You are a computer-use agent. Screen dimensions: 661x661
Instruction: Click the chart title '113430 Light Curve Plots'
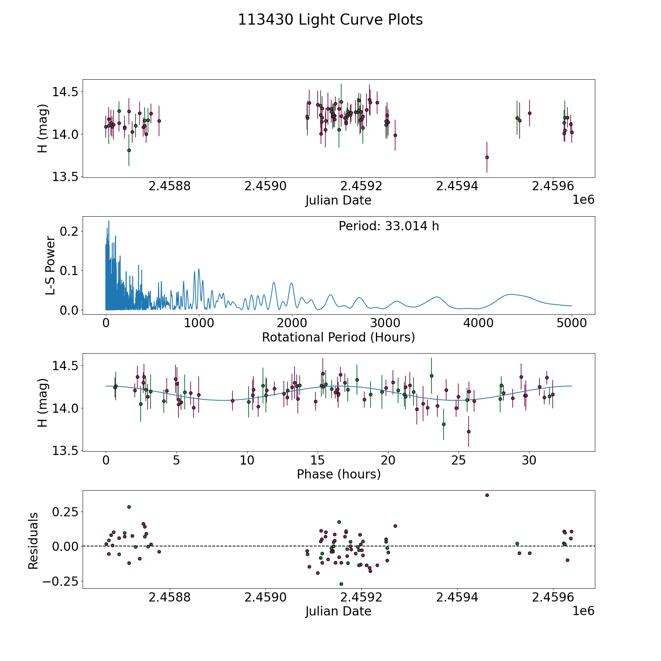coord(330,20)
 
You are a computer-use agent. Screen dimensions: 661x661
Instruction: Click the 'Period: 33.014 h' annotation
coord(389,226)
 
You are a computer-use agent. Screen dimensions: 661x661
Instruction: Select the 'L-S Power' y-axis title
coord(50,265)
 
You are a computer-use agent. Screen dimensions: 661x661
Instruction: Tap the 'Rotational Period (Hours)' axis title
coord(338,337)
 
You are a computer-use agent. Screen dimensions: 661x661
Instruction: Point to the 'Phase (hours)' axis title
coord(338,474)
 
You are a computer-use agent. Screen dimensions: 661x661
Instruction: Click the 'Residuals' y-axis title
coord(33,541)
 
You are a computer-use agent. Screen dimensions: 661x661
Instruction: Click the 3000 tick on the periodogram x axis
coord(385,323)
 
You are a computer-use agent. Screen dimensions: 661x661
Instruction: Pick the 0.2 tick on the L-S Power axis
coord(69,231)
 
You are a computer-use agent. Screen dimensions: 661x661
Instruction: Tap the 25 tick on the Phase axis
coord(459,460)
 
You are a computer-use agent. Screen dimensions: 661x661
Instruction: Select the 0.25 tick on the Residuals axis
coord(65,512)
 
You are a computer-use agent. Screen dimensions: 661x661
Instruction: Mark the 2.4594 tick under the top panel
coord(457,186)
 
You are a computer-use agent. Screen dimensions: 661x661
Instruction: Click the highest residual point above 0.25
coord(487,495)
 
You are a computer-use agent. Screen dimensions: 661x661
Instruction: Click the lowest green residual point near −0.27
coord(341,584)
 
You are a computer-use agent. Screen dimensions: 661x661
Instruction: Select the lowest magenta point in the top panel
coord(487,157)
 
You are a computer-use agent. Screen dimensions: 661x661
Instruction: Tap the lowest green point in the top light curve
coord(129,150)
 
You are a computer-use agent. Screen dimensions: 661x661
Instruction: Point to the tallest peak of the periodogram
coord(109,221)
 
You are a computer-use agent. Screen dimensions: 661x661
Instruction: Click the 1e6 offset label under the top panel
coord(583,199)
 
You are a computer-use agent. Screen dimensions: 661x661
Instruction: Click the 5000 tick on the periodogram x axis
coord(571,323)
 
